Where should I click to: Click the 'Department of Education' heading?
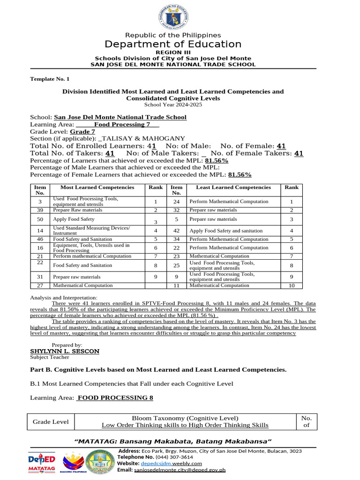pyautogui.click(x=173, y=45)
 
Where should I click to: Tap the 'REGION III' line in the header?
pyautogui.click(x=173, y=52)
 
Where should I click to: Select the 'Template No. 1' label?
pyautogui.click(x=50, y=79)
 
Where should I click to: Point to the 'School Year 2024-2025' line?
pyautogui.click(x=173, y=105)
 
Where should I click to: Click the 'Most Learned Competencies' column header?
pyautogui.click(x=97, y=187)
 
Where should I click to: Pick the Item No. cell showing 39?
pyautogui.click(x=40, y=210)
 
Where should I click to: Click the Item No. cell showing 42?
pyautogui.click(x=176, y=231)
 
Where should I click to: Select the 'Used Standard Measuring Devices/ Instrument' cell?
pyautogui.click(x=91, y=231)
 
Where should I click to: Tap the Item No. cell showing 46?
pyautogui.click(x=40, y=239)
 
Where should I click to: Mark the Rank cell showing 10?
pyautogui.click(x=291, y=285)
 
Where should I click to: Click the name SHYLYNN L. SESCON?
pyautogui.click(x=65, y=351)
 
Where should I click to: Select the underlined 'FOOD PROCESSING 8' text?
pyautogui.click(x=115, y=397)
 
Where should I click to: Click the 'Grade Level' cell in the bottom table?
pyautogui.click(x=50, y=422)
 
